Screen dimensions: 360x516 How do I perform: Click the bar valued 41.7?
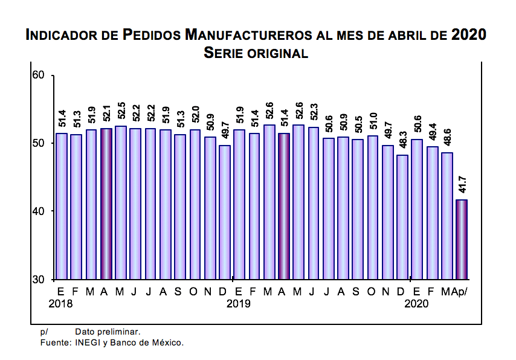[x=461, y=239]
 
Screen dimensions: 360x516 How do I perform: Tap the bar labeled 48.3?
[x=402, y=217]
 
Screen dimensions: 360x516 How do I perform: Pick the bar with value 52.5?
[x=121, y=202]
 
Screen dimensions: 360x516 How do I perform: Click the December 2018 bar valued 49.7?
[x=224, y=212]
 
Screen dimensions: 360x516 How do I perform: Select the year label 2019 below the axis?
[x=239, y=304]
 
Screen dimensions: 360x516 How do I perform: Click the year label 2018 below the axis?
[x=60, y=304]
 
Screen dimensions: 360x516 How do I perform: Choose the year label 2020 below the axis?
[x=416, y=304]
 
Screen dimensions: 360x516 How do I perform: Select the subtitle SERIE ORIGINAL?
[x=256, y=53]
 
